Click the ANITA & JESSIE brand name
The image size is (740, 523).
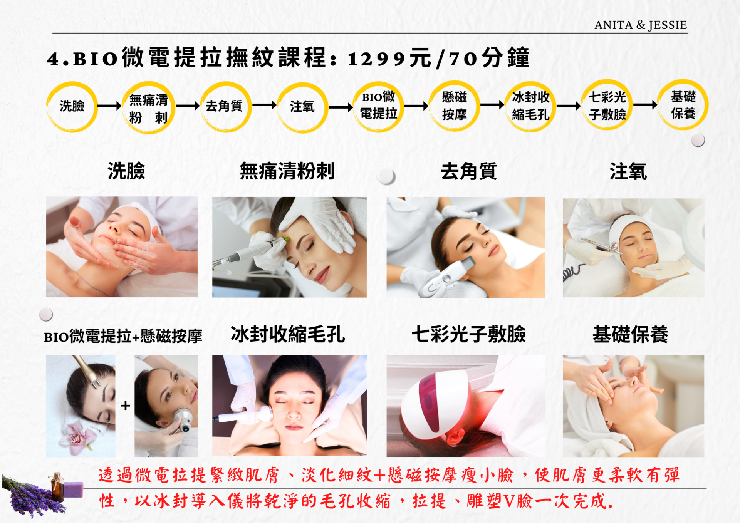click(x=640, y=25)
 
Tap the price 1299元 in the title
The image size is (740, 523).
click(x=389, y=59)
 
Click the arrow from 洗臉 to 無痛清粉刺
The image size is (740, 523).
click(x=110, y=106)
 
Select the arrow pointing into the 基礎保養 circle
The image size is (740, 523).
click(x=645, y=104)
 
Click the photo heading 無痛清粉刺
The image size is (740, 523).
click(x=287, y=171)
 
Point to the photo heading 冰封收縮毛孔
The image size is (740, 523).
click(x=288, y=334)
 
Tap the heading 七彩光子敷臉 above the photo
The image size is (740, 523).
click(x=468, y=334)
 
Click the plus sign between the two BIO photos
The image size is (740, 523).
click(x=125, y=406)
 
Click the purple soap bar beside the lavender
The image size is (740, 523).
click(x=73, y=489)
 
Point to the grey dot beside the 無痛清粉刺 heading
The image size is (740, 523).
click(x=386, y=176)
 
